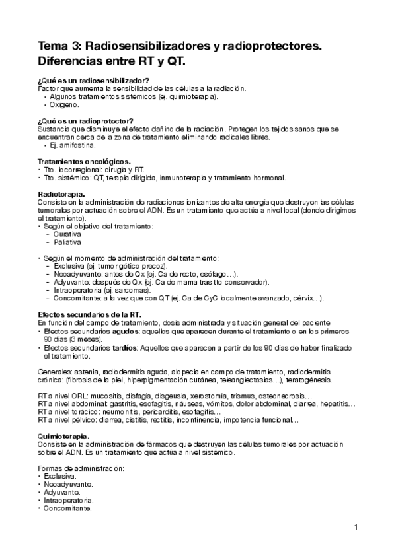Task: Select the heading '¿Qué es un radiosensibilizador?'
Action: (94, 80)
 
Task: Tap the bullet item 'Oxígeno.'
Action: (64, 104)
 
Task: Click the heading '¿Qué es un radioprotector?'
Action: (86, 121)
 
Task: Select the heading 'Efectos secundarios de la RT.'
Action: (90, 314)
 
